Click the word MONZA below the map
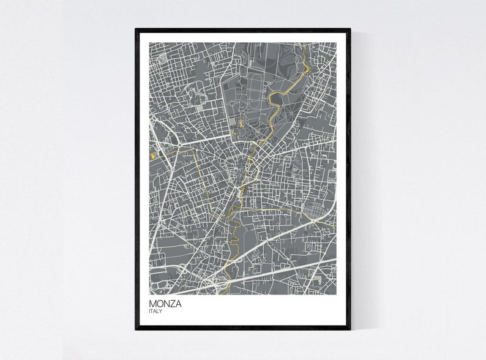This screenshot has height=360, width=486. pos(165,304)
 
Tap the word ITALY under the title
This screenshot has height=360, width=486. pos(155,312)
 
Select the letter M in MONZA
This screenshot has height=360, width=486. pos(152,304)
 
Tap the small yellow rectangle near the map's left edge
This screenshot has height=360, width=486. pos(152,157)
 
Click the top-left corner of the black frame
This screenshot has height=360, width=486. pos(136,28)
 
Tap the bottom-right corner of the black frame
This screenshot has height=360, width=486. pos(351,329)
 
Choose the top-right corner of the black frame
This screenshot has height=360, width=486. pos(351,28)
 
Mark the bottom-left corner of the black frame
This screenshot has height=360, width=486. pos(136,329)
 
